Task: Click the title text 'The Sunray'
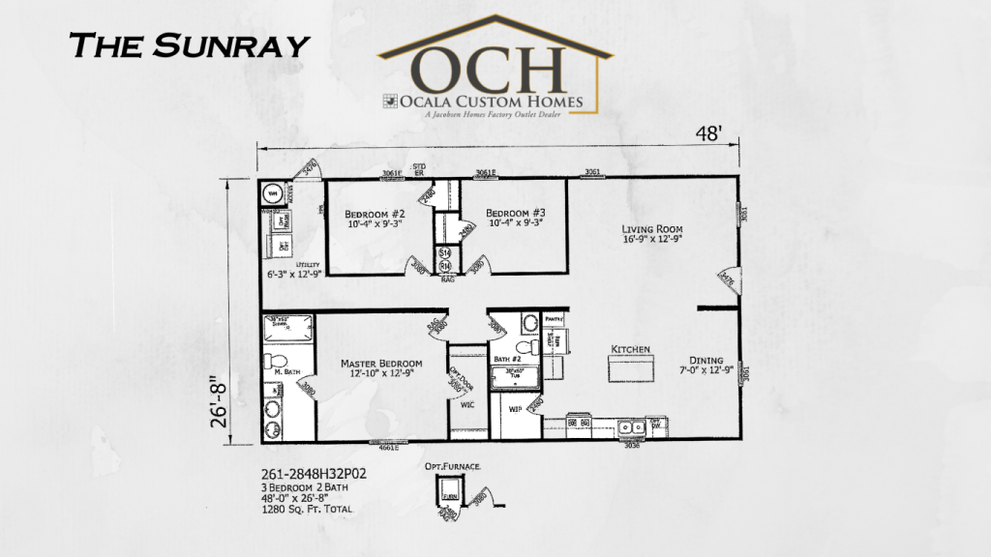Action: (190, 44)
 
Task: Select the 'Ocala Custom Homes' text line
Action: (498, 101)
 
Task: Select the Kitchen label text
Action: (630, 348)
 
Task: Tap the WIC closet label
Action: (465, 405)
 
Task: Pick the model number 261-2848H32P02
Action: (313, 475)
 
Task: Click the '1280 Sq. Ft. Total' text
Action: (307, 509)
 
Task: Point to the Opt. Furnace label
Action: (452, 466)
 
